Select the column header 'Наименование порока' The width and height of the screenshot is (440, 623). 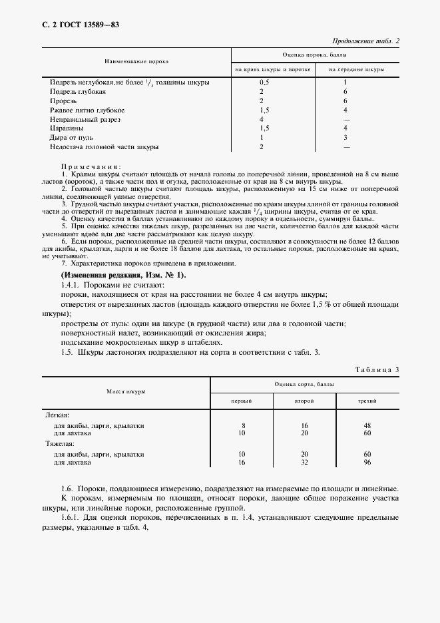136,61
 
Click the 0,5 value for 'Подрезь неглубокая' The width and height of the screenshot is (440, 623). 264,82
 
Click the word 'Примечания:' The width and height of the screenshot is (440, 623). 90,166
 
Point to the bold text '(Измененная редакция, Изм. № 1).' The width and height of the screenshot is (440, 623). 123,275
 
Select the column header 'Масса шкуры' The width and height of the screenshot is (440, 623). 126,393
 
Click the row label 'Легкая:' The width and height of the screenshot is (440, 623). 57,414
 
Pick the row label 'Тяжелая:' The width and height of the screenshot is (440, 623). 60,443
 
